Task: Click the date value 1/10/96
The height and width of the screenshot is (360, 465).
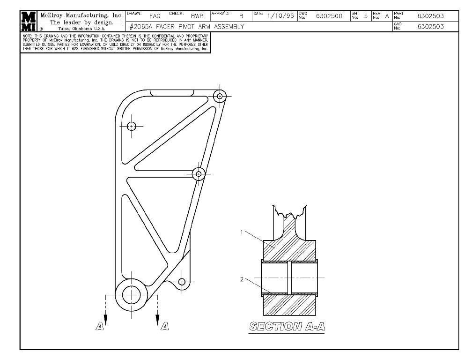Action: point(280,16)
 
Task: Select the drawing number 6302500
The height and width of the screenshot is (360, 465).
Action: point(329,16)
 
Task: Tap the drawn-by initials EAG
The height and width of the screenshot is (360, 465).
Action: point(155,16)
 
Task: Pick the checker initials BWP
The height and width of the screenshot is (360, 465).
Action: point(197,16)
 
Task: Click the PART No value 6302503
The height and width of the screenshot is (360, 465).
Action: point(430,16)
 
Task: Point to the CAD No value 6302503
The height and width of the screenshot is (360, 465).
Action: point(430,27)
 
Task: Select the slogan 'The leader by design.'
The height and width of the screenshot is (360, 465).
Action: point(81,22)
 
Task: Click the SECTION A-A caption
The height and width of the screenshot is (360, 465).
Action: point(287,326)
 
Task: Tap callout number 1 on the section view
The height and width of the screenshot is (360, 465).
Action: point(242,232)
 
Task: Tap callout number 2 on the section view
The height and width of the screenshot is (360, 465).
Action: point(242,279)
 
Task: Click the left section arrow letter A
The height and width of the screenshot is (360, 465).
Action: point(99,326)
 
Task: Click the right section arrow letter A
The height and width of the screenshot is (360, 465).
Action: point(164,326)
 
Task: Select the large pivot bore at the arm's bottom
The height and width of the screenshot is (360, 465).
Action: point(132,294)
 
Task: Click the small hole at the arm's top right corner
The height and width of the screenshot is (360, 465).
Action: point(220,96)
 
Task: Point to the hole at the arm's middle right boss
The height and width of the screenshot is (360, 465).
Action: point(199,173)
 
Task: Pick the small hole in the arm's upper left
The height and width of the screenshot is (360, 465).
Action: point(132,126)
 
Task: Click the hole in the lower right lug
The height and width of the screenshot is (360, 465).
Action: point(182,282)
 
